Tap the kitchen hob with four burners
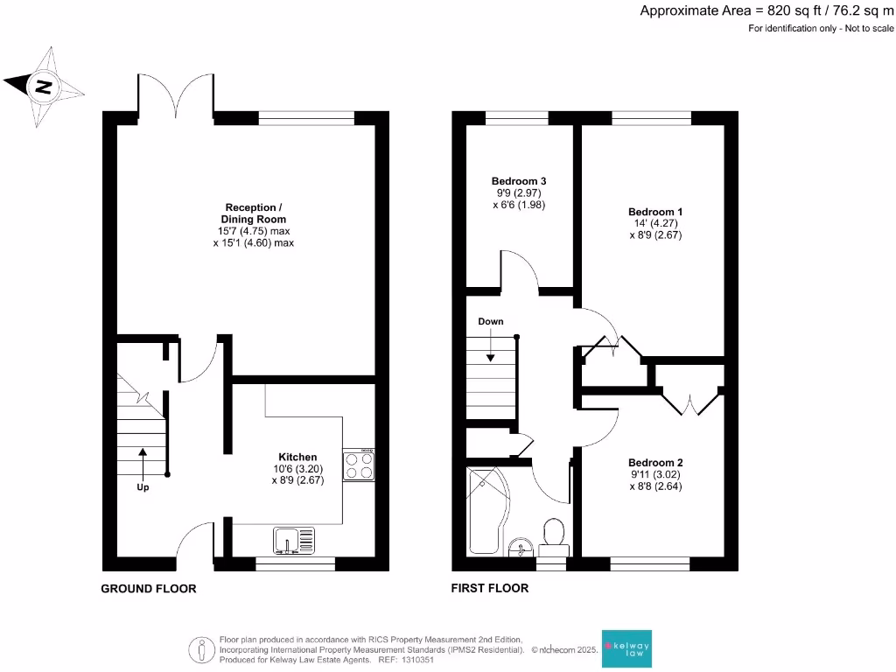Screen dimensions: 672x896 (359, 465)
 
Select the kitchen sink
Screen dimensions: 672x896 (293, 542)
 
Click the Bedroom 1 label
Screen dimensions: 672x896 (655, 212)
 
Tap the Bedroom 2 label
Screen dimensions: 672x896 (655, 463)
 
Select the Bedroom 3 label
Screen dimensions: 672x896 (519, 181)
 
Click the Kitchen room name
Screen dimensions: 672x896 (297, 457)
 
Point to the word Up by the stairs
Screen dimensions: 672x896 (142, 487)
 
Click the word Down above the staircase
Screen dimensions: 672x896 (491, 321)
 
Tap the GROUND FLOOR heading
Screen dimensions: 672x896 (149, 589)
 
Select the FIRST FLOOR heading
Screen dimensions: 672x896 (490, 589)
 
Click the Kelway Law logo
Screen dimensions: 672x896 (626, 649)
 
